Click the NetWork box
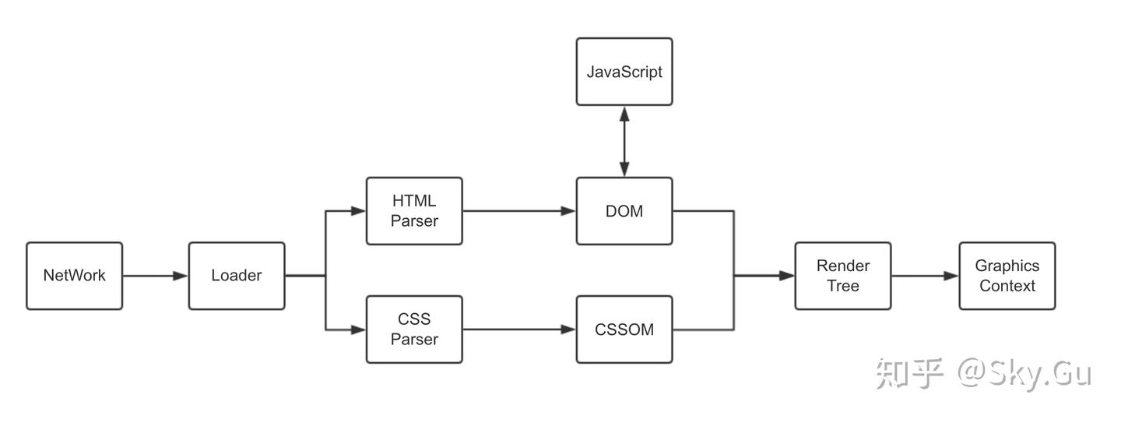74,276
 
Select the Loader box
236,276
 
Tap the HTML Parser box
414,211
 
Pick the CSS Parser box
414,330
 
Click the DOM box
624,211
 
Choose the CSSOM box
624,330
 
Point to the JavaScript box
624,72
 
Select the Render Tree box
842,276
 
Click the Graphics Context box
1007,276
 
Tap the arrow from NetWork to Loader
155,276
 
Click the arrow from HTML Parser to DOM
518,211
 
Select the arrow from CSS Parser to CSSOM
518,330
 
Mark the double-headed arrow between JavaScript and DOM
624,141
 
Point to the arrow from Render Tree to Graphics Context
925,276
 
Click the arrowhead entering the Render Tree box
786,276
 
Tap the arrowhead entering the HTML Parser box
358,211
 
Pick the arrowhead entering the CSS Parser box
358,330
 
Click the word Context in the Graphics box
1007,286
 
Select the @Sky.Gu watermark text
1024,374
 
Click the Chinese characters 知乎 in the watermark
910,374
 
